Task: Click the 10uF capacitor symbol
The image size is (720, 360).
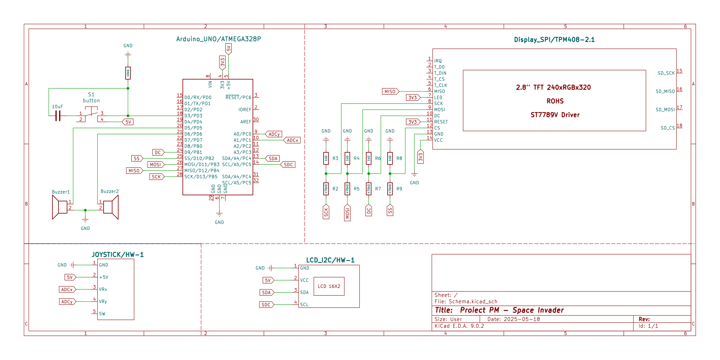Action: tap(58, 116)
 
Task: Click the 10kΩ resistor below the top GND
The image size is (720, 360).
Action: tap(128, 73)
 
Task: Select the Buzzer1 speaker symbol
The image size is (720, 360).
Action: tap(59, 207)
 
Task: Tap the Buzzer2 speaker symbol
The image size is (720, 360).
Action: tap(111, 207)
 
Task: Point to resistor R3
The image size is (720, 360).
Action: tap(326, 158)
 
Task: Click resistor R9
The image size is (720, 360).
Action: tap(390, 189)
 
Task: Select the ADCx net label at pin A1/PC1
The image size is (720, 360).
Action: tap(292, 140)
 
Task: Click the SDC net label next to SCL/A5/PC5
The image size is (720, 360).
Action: tap(288, 164)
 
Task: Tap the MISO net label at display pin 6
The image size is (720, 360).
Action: tap(390, 91)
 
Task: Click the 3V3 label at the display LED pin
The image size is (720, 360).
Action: tap(413, 97)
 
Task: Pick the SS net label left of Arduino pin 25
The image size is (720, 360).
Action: tap(137, 158)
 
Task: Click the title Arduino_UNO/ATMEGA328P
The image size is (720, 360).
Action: tap(218, 39)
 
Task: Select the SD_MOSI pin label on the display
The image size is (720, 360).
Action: tap(665, 110)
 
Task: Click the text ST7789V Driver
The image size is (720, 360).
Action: tap(555, 115)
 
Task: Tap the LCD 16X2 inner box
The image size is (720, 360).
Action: tap(329, 286)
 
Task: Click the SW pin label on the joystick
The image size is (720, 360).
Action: tap(102, 314)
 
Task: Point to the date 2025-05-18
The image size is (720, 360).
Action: tap(522, 319)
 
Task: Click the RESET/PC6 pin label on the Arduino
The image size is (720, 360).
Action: tap(238, 97)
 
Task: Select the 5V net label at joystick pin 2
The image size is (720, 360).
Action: tap(70, 277)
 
